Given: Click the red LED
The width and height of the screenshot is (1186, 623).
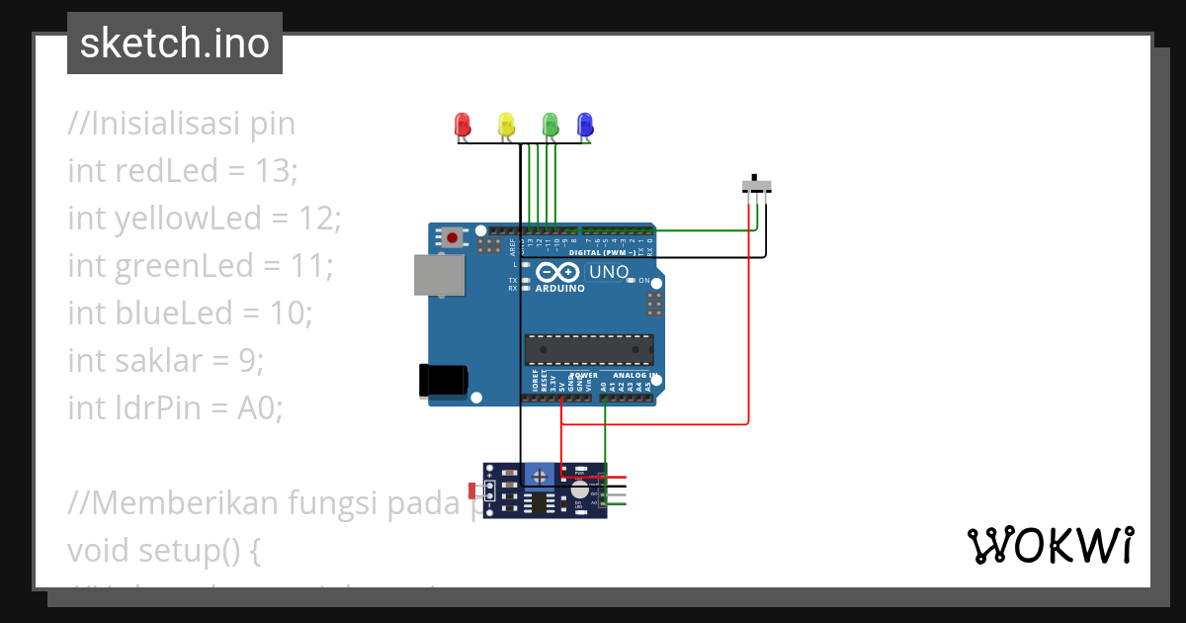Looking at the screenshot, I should [462, 125].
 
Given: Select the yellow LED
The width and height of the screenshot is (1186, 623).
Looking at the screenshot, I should [506, 125].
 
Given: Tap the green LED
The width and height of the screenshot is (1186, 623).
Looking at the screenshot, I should [551, 125].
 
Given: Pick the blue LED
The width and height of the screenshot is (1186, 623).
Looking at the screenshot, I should [585, 125].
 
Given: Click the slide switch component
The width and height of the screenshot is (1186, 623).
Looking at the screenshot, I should [756, 185].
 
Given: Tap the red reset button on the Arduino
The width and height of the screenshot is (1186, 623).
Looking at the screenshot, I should [453, 236].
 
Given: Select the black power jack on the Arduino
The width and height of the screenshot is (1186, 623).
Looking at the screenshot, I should [442, 381].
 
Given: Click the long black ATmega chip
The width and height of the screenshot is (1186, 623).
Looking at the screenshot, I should [588, 348].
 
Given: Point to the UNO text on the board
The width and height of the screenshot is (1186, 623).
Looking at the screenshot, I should [609, 271].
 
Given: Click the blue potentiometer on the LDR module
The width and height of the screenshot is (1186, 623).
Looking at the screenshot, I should [539, 476].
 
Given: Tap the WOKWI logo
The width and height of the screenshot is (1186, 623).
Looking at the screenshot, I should [1050, 546].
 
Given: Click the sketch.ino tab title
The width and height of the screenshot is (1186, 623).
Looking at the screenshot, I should [175, 44].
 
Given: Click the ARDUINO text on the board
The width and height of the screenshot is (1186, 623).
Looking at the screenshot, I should [559, 289].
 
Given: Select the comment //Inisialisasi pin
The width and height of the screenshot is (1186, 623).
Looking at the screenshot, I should [182, 124].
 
